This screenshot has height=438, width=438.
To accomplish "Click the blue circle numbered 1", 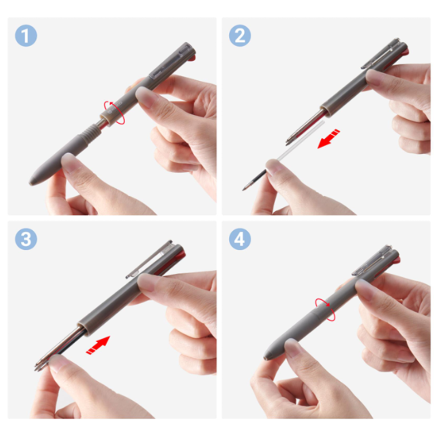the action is click(x=26, y=36).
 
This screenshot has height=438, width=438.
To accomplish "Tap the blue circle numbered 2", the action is click(x=240, y=36).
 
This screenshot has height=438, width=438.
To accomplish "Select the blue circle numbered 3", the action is click(x=26, y=239).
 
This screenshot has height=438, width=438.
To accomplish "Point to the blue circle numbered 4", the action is click(x=240, y=239).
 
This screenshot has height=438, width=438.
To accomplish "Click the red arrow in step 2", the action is click(x=329, y=139).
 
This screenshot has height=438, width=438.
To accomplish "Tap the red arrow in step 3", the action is click(x=98, y=345).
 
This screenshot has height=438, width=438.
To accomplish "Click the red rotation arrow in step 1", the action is click(x=114, y=113).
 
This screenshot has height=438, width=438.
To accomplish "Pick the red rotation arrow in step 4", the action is click(x=325, y=309).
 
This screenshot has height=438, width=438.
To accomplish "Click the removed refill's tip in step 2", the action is click(x=244, y=189).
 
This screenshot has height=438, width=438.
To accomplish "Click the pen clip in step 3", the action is click(x=148, y=259).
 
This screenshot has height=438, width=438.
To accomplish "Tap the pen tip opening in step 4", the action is click(x=265, y=358).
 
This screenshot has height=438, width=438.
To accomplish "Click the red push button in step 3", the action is click(x=182, y=255).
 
